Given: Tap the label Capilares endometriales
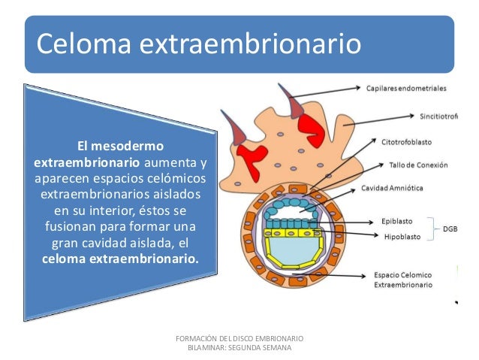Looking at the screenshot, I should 405,88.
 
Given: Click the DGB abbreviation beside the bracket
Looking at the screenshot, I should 450,228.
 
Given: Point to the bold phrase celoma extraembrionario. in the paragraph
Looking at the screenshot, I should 117,259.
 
